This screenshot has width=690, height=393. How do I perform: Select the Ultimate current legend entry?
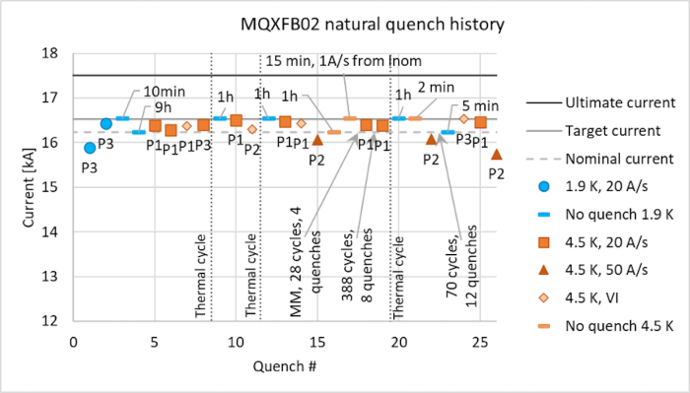coord(614,102)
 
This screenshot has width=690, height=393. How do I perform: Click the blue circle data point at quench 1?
coord(90,148)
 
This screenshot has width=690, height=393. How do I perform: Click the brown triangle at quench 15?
coord(317,140)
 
